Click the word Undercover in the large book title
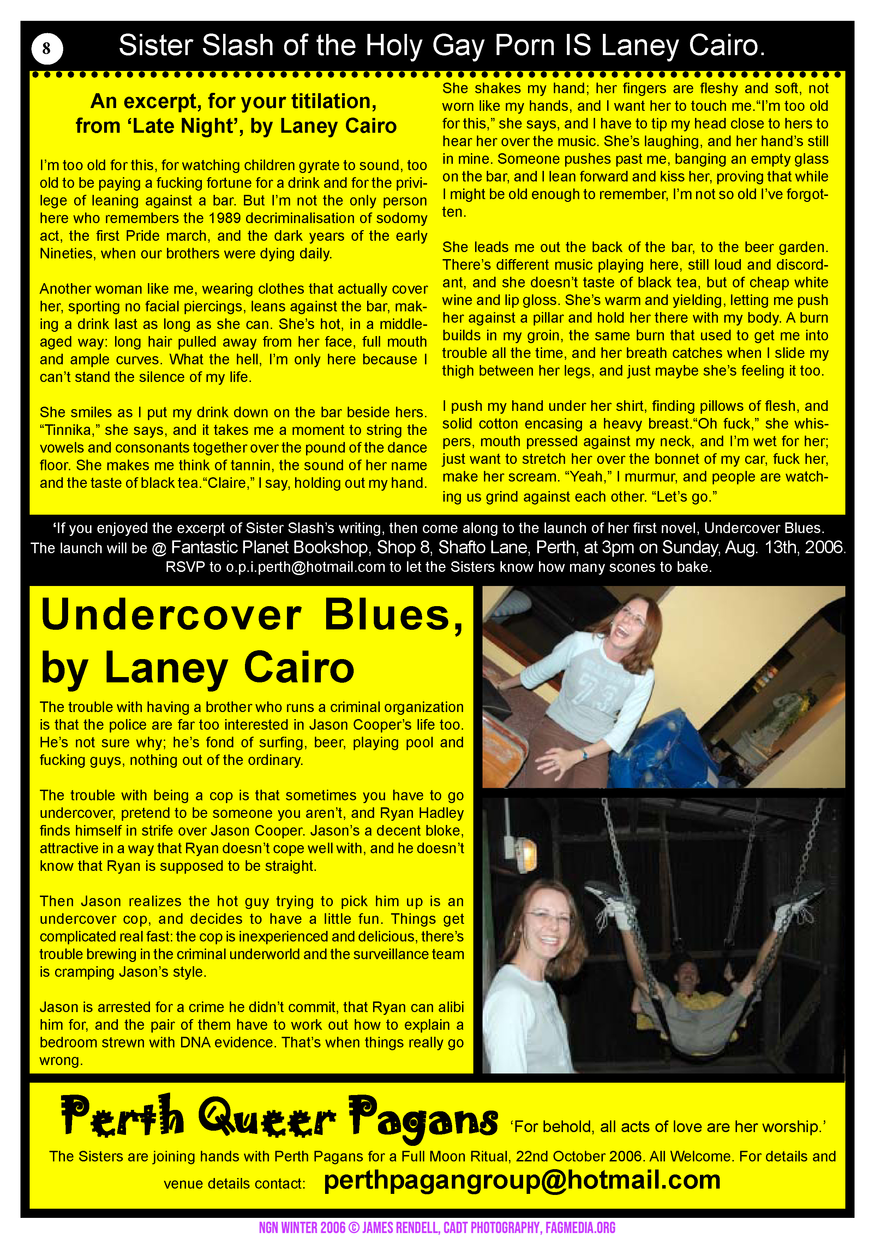point(171,615)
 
